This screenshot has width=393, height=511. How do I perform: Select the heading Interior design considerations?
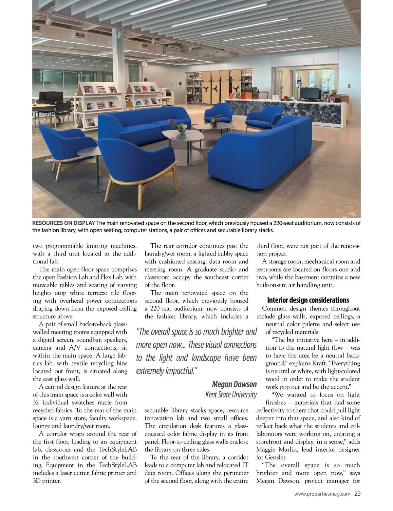pyautogui.click(x=308, y=300)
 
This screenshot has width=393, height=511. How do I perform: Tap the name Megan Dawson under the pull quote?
pyautogui.click(x=234, y=384)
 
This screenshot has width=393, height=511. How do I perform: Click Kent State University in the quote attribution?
pyautogui.click(x=231, y=394)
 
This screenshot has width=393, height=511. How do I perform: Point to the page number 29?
pyautogui.click(x=357, y=494)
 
